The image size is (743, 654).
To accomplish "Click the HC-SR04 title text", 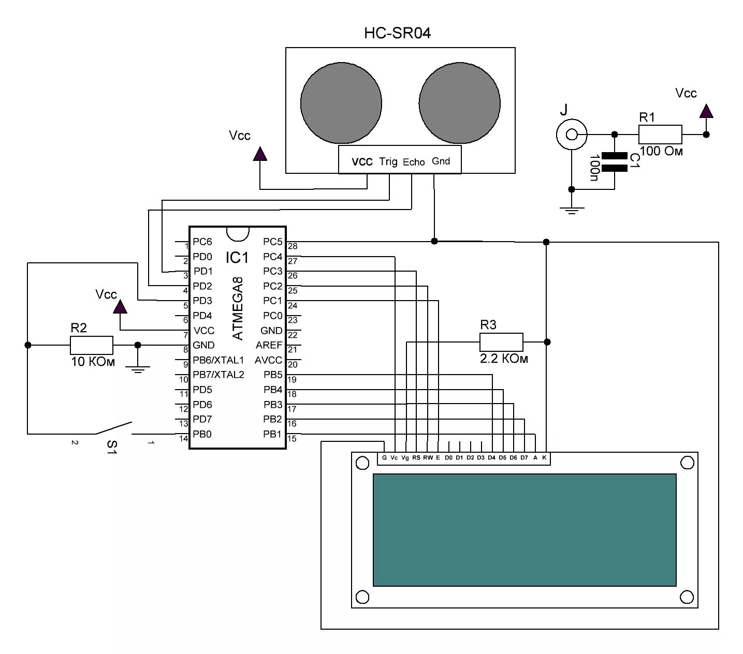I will (397, 34).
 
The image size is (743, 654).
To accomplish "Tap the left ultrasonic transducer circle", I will (341, 103).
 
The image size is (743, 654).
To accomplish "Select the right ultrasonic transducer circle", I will (459, 103).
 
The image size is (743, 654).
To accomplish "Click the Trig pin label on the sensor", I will (388, 161).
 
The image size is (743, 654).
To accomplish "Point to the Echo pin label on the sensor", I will (414, 162).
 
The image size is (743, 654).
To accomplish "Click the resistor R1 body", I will (660, 135).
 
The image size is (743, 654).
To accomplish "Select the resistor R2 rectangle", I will (91, 345).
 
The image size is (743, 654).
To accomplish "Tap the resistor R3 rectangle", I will (501, 342).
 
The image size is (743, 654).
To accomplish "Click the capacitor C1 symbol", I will (614, 161).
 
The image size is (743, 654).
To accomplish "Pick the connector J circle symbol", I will (571, 135).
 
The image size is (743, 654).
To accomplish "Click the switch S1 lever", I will (113, 428).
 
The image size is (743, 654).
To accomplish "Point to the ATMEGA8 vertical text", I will (238, 309).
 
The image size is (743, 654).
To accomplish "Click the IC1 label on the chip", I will (237, 257).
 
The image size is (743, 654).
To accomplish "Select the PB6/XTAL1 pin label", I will (218, 360).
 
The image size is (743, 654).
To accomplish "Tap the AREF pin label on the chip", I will (269, 345).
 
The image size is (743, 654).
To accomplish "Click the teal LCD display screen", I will (524, 530).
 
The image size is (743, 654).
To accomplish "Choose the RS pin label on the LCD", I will (416, 458).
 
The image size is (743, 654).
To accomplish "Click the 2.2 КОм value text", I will (504, 359).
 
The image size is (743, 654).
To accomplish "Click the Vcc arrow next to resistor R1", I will (706, 111).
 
